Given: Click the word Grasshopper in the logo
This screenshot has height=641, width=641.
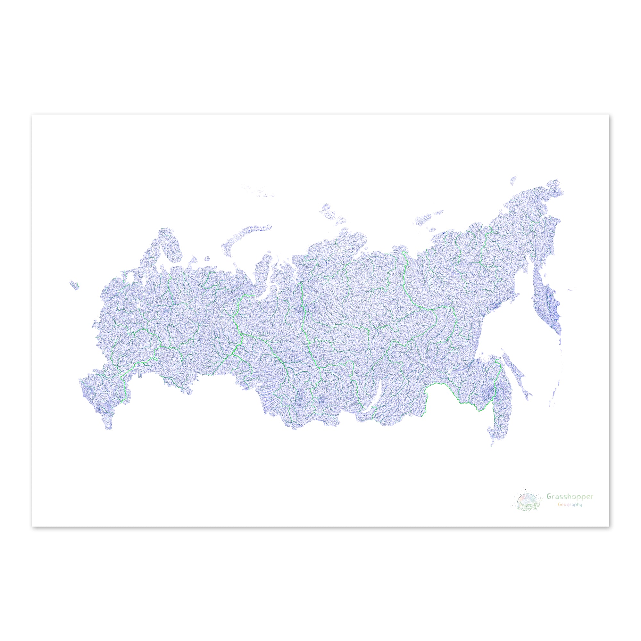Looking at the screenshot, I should (x=570, y=506).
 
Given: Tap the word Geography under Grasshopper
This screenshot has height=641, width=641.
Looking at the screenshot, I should (x=569, y=514).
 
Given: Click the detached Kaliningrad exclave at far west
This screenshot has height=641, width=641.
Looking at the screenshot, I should (x=74, y=285).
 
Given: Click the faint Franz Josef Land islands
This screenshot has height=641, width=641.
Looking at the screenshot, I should (x=259, y=191).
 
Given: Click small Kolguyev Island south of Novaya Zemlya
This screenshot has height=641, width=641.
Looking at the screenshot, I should (x=207, y=258).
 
